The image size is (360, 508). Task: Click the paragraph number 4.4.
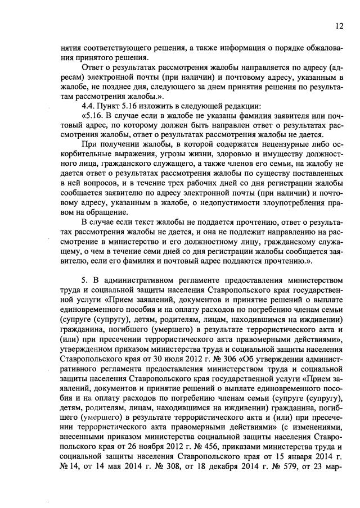pos(90,105)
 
